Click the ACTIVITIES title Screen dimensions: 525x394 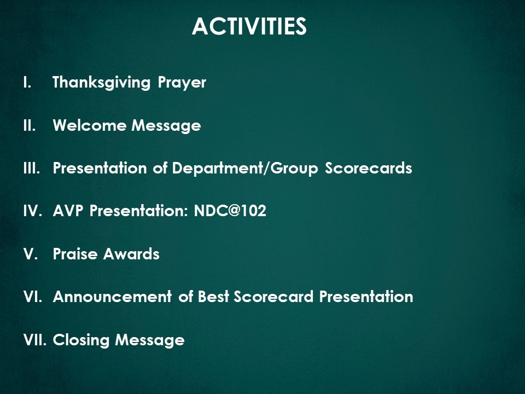tap(249, 26)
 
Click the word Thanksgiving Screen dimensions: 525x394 tap(102, 83)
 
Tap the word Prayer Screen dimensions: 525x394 tap(182, 83)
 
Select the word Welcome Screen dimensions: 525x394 tap(90, 125)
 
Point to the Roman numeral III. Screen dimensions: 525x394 tap(32, 168)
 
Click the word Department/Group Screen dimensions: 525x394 tap(245, 168)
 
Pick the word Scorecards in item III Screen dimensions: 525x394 tap(368, 168)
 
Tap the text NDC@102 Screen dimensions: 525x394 tap(230, 211)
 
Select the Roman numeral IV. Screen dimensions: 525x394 tap(33, 211)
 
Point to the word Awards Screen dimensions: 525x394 tap(131, 253)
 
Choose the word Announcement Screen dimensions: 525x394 tap(112, 297)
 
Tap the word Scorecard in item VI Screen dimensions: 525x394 tap(273, 297)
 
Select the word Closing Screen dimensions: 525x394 tap(81, 340)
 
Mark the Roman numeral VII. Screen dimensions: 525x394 tap(35, 340)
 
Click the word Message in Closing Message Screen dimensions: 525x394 tap(150, 340)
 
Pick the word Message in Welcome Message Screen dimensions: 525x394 tap(166, 126)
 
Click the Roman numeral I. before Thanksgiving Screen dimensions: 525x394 tap(27, 83)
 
